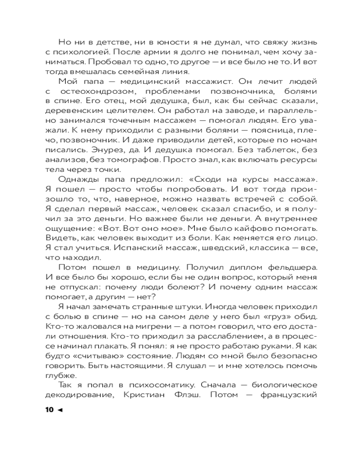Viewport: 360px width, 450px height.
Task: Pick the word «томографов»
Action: click(x=158, y=160)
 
